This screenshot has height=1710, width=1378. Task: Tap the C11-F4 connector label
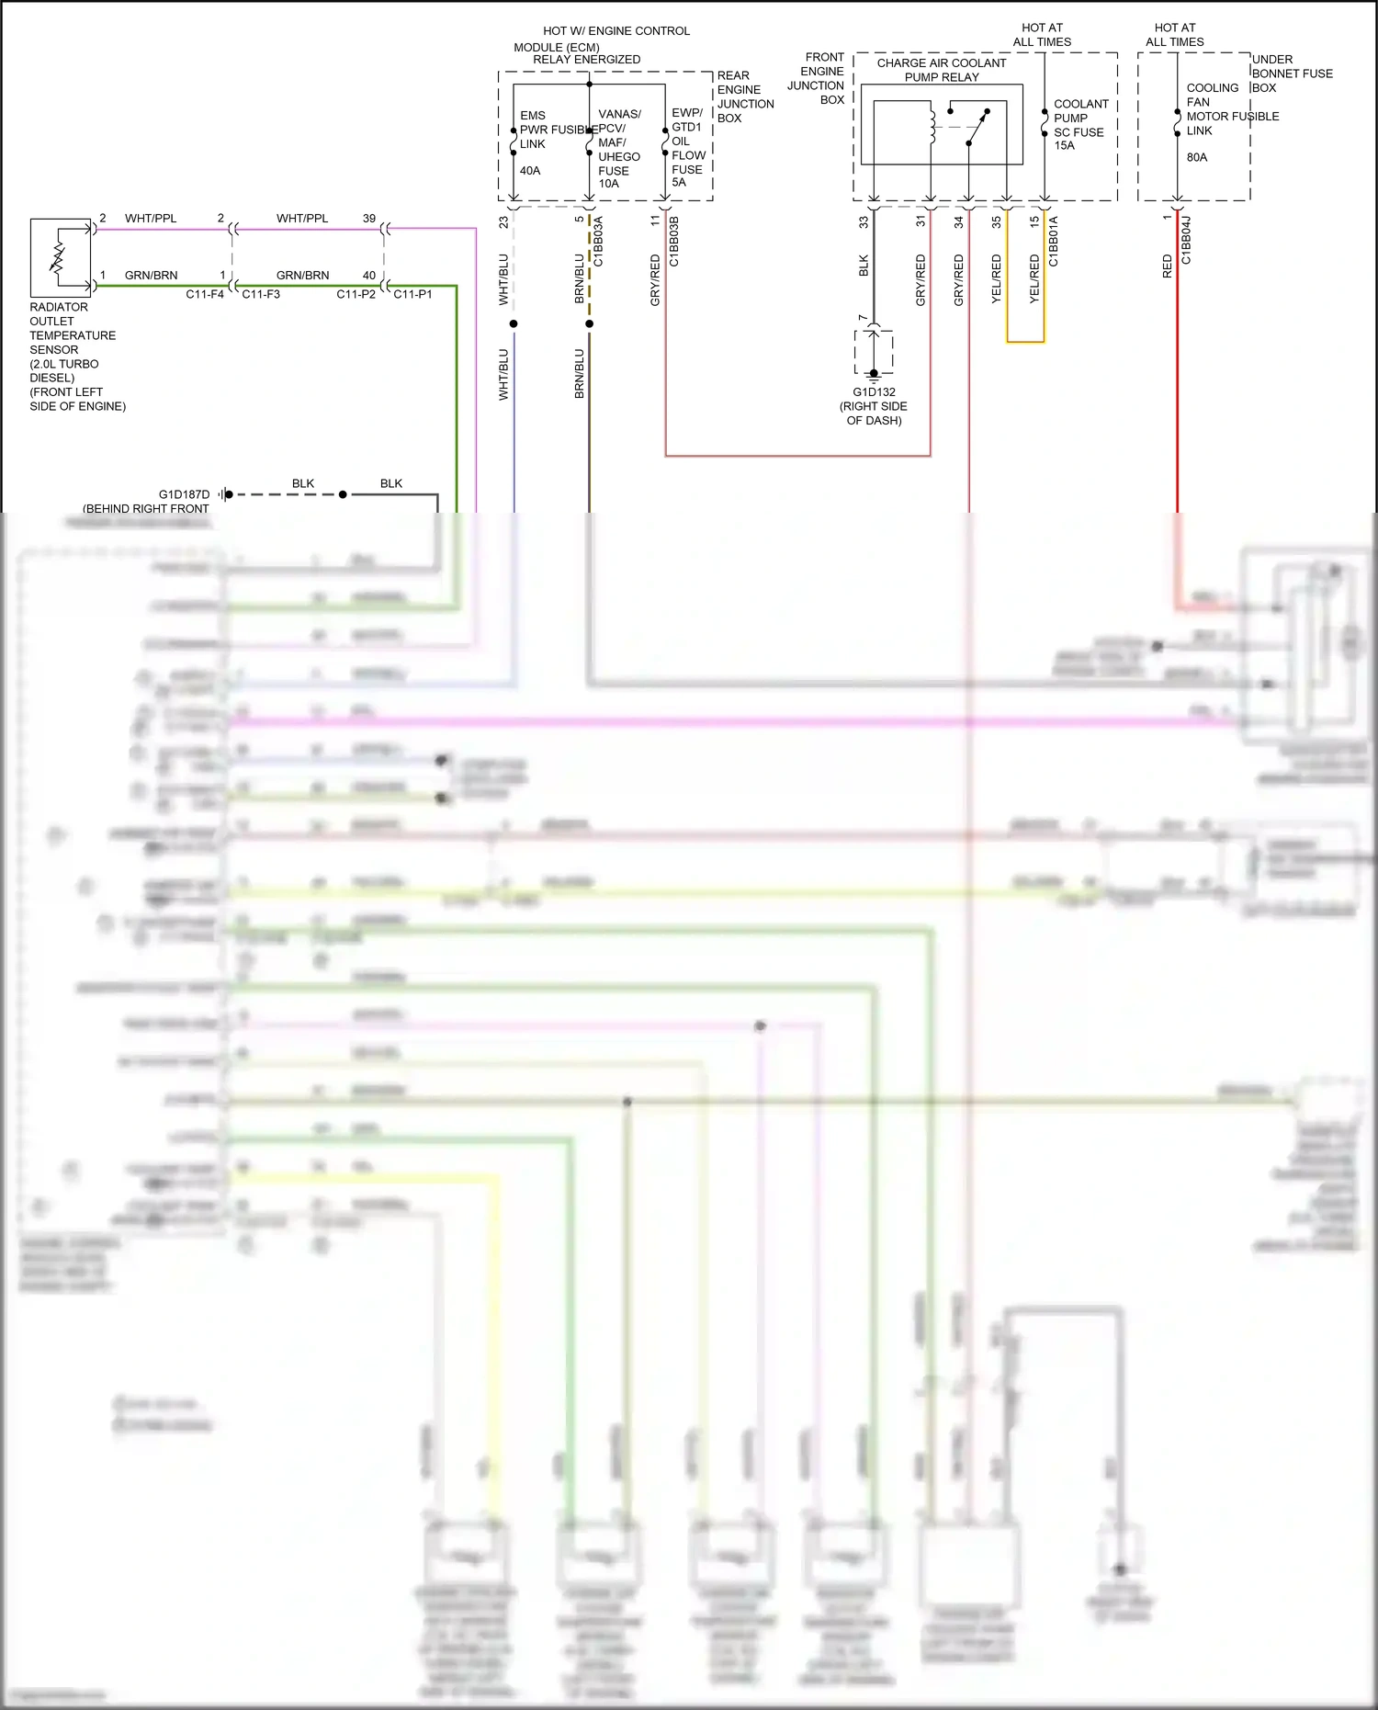tap(205, 294)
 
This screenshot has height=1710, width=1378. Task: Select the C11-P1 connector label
tap(412, 294)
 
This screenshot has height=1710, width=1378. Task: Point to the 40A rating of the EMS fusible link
tap(530, 171)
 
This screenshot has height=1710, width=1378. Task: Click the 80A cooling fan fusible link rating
tap(1197, 157)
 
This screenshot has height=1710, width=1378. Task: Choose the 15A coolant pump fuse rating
tap(1065, 145)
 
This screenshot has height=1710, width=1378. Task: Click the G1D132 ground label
tap(874, 392)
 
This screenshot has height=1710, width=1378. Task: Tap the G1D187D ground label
tap(184, 494)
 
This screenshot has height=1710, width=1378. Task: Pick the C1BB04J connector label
tap(1186, 241)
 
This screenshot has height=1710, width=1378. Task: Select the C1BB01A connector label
tap(1054, 242)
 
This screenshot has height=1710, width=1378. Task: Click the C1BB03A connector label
tap(598, 242)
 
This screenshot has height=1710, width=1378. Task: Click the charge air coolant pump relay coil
tap(932, 127)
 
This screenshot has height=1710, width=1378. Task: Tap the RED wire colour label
tap(1168, 267)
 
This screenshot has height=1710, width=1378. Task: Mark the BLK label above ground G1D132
tap(864, 266)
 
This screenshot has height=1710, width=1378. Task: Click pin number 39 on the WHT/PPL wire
tap(369, 219)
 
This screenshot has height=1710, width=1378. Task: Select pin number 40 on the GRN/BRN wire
tap(369, 276)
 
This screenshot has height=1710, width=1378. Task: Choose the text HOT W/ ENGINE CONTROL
tap(616, 31)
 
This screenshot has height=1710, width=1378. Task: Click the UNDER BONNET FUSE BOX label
tap(1292, 74)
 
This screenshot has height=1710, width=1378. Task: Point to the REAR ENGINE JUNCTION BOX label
tap(745, 96)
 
